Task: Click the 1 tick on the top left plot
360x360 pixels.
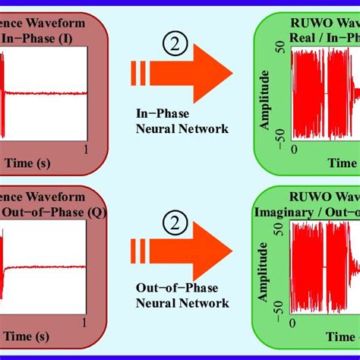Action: (86, 150)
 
